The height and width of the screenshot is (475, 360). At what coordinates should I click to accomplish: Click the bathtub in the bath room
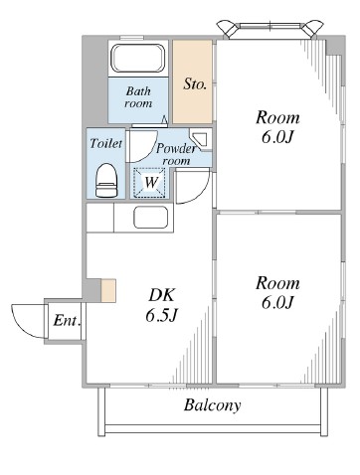(x=138, y=59)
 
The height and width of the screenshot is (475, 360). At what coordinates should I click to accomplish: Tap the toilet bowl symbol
(x=106, y=181)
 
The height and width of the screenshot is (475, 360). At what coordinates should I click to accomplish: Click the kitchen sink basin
(x=151, y=218)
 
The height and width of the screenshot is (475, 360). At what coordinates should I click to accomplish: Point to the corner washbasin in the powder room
(x=199, y=140)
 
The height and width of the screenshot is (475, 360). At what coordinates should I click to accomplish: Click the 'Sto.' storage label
(x=195, y=83)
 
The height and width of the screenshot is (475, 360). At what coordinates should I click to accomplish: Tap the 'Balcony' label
(x=213, y=405)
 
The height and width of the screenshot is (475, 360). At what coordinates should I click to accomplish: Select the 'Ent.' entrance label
(x=67, y=321)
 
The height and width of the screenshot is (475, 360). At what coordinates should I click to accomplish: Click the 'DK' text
(x=161, y=295)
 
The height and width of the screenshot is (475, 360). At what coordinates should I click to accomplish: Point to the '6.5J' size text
(x=162, y=315)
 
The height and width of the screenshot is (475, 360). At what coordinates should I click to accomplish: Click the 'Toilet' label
(x=106, y=143)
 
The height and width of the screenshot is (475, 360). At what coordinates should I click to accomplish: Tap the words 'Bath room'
(x=138, y=97)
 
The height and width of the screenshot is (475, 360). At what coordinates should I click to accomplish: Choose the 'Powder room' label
(x=176, y=154)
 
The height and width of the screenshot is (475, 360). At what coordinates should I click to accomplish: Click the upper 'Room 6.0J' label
(x=277, y=127)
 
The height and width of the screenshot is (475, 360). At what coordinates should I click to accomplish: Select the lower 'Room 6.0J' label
(x=277, y=293)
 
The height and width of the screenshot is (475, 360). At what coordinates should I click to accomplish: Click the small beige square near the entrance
(x=108, y=290)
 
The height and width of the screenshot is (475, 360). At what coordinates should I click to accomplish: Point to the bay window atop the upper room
(x=270, y=29)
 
